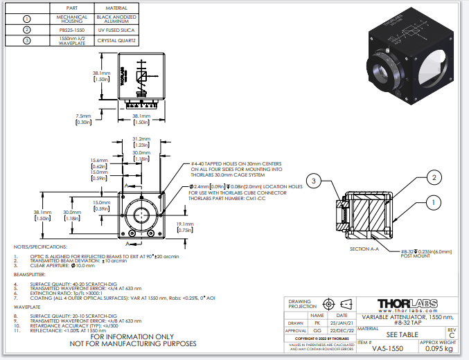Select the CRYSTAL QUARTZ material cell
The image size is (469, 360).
click(114, 41)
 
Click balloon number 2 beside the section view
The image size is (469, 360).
click(434, 178)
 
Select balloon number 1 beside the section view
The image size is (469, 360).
click(434, 203)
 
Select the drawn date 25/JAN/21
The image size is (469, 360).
click(342, 323)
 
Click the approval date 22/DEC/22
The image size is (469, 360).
click(342, 332)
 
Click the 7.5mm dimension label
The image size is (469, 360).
click(83, 116)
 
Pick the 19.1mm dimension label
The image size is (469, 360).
click(184, 224)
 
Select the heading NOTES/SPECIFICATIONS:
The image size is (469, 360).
click(41, 246)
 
